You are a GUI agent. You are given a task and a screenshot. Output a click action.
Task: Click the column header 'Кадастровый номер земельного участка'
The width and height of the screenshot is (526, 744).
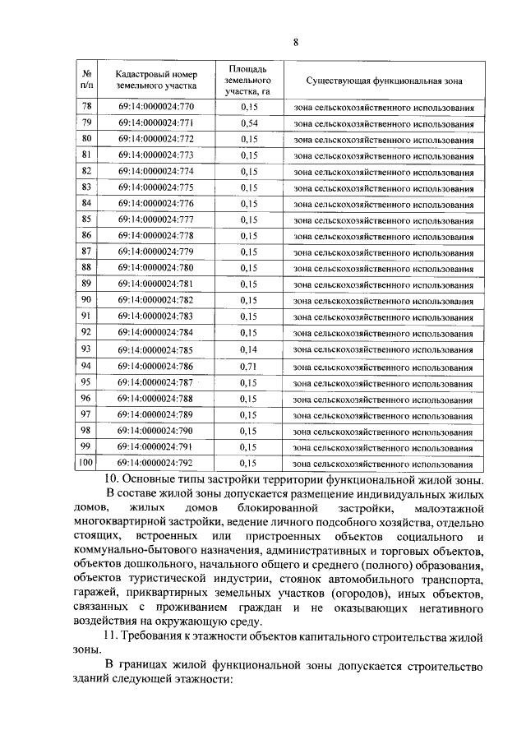pos(156,79)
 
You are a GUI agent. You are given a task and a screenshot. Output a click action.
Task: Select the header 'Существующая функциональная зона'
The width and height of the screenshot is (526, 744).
pos(384,81)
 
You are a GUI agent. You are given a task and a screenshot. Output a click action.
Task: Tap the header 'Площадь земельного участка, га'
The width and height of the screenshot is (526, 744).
pos(246,79)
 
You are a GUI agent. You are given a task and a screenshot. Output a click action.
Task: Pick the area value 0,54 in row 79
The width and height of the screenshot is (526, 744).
pos(246,123)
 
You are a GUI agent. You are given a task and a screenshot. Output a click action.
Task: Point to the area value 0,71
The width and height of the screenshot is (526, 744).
pos(246,367)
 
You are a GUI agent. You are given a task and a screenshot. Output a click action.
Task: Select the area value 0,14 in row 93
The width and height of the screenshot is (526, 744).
pos(246,350)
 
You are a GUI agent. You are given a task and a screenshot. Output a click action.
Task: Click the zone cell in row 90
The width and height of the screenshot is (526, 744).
pos(384,302)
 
